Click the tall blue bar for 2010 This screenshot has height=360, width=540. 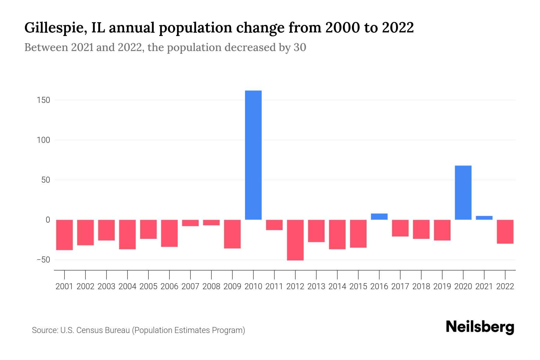(253, 155)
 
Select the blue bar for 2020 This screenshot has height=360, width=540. (463, 193)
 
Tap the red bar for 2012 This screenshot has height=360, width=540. (295, 240)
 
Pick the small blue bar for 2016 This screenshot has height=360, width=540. (379, 217)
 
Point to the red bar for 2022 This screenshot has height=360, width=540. (505, 232)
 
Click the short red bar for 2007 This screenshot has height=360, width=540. (190, 223)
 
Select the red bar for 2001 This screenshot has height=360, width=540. (64, 235)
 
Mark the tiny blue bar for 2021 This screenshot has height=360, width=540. (484, 218)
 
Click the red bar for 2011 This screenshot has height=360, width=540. (274, 225)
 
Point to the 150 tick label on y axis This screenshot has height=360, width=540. (43, 100)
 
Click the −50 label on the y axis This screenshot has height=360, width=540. (43, 260)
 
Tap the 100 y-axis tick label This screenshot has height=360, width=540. (43, 140)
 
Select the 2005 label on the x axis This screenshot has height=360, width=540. (148, 286)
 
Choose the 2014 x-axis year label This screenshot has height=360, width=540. (337, 286)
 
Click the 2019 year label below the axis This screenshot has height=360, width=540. (442, 286)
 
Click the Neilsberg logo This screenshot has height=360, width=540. (480, 328)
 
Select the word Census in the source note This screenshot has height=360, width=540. (89, 330)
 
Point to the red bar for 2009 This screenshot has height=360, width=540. (232, 234)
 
